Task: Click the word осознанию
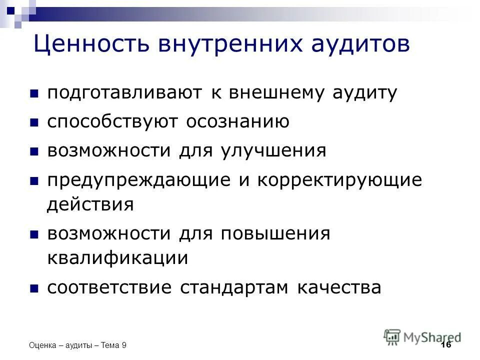click(x=237, y=122)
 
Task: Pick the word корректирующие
click(x=340, y=180)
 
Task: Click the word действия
click(x=90, y=204)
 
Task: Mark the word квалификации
click(x=117, y=258)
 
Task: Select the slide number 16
click(x=446, y=345)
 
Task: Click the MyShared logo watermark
click(x=422, y=336)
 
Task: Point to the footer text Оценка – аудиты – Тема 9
click(x=78, y=345)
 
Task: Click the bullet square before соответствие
click(x=34, y=288)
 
